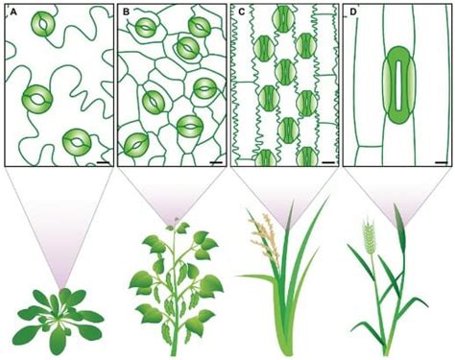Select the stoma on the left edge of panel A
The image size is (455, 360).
36,97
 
